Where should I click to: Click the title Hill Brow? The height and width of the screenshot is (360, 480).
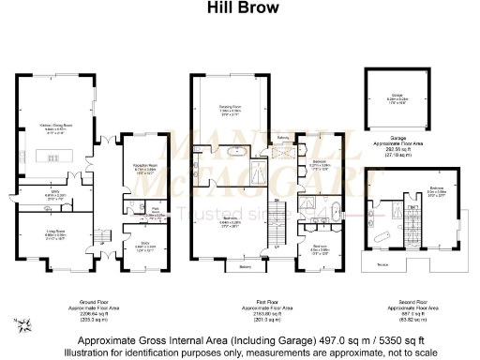click(239, 8)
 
